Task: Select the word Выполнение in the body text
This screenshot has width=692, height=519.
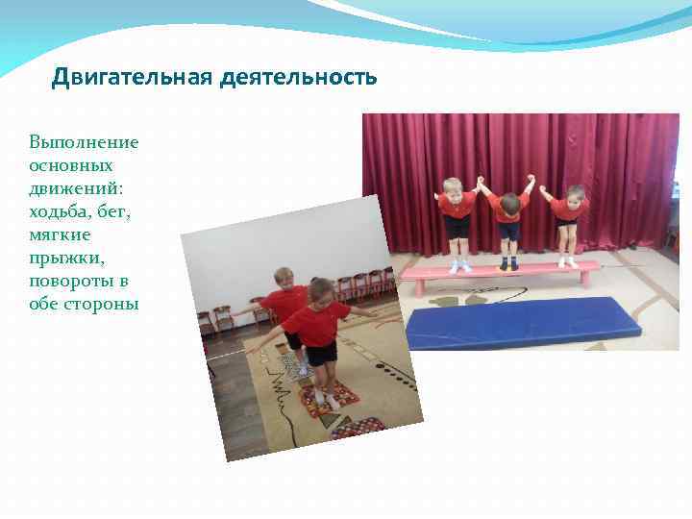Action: (x=85, y=142)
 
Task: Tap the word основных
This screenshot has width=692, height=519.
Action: (x=74, y=165)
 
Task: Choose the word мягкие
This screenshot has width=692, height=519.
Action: (x=60, y=235)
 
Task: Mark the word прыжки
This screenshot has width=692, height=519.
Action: (x=63, y=259)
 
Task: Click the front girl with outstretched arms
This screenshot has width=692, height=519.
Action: (x=318, y=332)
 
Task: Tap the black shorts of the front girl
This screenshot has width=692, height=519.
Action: (x=321, y=353)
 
